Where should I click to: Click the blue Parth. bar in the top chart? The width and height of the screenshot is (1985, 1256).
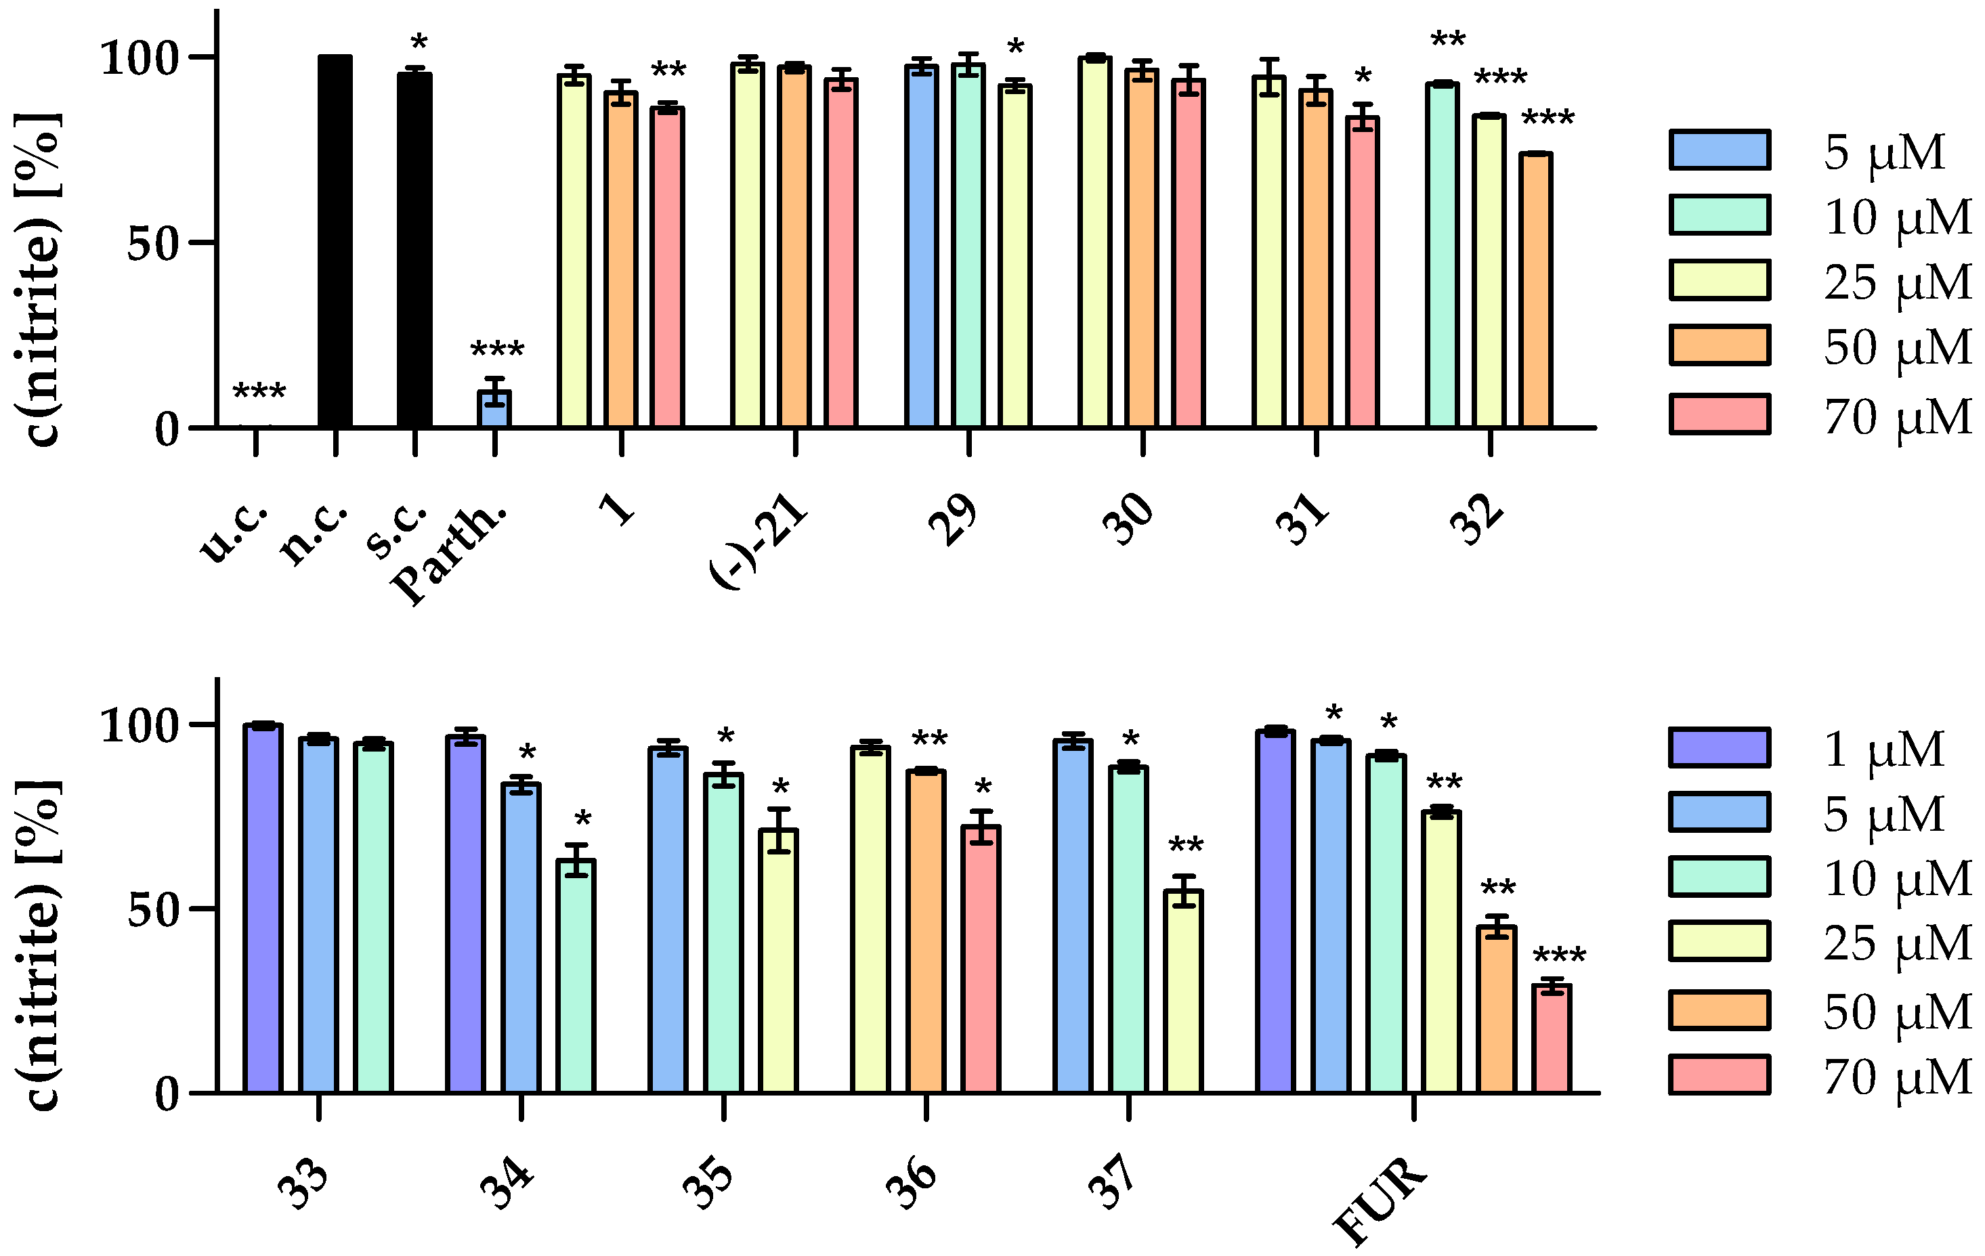494,409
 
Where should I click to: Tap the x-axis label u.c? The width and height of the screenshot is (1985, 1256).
235,534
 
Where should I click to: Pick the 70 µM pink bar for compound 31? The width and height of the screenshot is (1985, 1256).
1363,272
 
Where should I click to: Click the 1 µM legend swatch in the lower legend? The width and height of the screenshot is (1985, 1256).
1720,748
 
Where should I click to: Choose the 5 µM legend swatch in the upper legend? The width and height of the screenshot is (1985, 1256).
1720,150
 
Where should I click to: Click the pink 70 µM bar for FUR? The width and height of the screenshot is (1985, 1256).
1552,1039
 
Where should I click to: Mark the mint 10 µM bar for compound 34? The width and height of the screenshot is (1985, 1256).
576,976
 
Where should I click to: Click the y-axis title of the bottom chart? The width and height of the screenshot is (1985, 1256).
37,945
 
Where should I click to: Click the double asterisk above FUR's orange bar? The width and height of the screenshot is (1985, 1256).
1498,889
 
